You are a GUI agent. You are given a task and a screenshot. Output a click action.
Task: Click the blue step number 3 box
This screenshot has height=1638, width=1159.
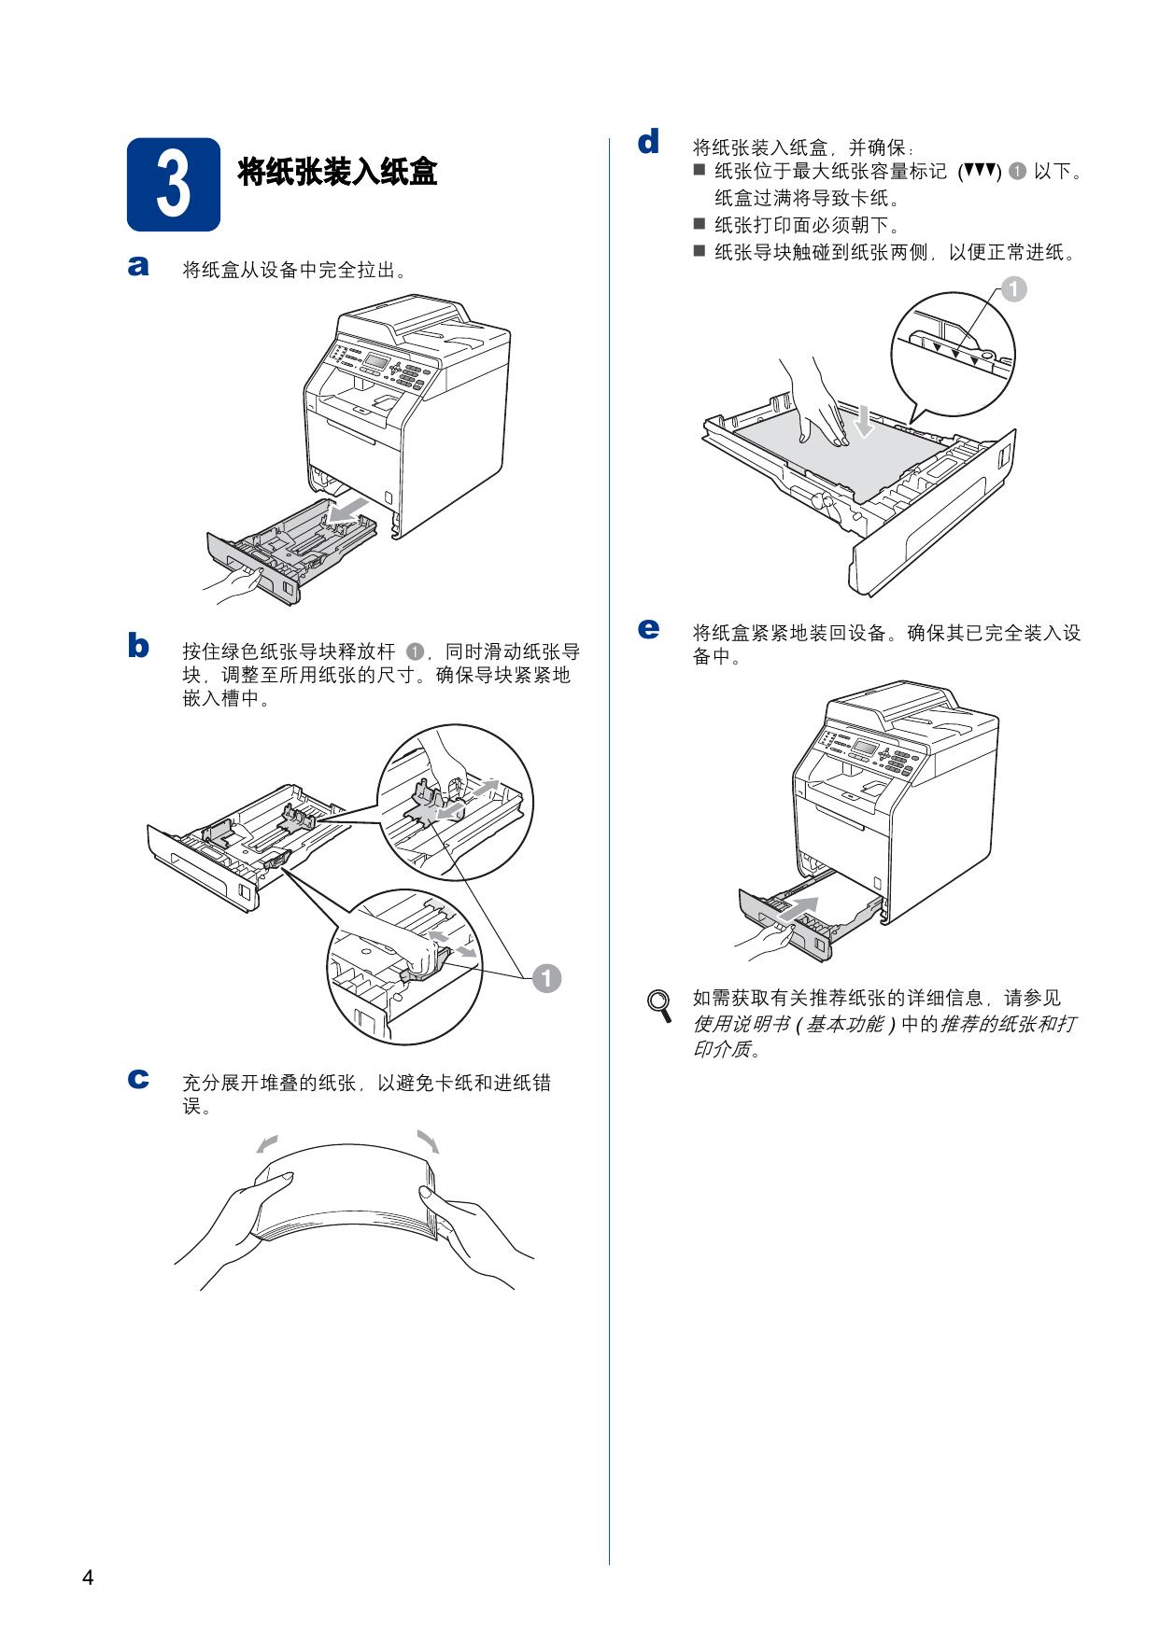coord(174,185)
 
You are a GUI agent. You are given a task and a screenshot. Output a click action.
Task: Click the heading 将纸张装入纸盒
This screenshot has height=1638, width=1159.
coord(337,172)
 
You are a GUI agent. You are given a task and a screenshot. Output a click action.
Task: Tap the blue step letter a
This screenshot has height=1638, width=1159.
coord(138,267)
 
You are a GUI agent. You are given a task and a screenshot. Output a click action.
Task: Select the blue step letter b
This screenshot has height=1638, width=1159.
coord(138,646)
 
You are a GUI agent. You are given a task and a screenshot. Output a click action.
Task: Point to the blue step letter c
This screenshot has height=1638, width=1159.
coord(138,1080)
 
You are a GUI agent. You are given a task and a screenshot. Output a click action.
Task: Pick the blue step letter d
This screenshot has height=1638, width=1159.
coord(648,143)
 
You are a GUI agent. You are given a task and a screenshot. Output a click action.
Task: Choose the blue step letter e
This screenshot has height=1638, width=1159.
coord(648,628)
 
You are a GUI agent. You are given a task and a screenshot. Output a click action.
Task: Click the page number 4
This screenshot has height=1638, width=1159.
coord(88,1577)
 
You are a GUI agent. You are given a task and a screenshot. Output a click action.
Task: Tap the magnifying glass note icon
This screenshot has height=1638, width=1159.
coord(661,1004)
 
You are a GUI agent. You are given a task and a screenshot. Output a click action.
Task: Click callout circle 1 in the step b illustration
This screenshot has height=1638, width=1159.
coord(546,978)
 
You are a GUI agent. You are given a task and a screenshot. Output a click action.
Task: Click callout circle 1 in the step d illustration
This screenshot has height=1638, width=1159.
coord(1012,289)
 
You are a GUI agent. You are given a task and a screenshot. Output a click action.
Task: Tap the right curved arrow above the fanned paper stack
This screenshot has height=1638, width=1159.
coord(428,1141)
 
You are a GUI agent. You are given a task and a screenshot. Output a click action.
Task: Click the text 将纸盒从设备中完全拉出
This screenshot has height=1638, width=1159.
coord(294,271)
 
